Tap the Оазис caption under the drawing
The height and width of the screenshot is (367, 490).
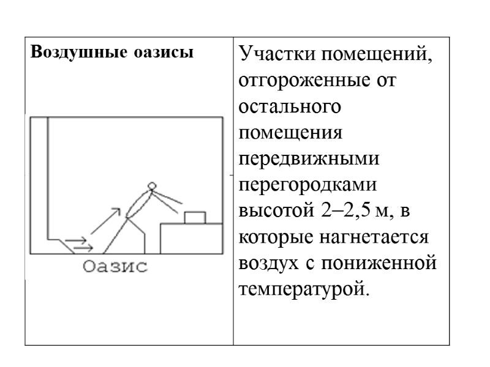(x=115, y=267)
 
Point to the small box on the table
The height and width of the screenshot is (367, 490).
(x=195, y=218)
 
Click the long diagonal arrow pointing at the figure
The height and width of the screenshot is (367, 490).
(x=104, y=221)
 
